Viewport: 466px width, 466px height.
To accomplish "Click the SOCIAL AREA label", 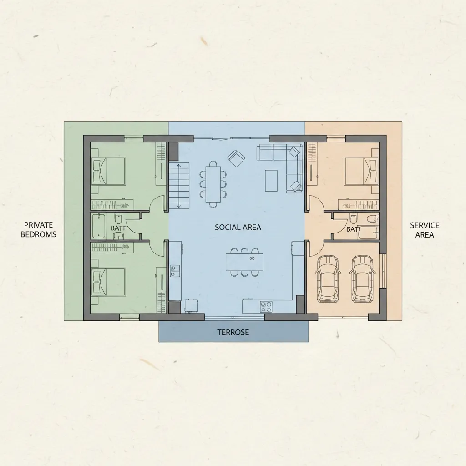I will click(x=238, y=227).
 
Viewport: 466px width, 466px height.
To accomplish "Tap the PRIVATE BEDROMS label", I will click(x=39, y=230).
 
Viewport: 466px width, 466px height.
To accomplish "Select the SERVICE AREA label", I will click(x=425, y=230).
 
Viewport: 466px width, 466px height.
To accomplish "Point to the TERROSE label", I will click(x=233, y=332).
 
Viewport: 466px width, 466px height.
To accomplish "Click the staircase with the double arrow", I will click(x=179, y=185).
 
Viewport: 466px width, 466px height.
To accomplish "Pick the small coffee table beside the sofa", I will click(x=271, y=180).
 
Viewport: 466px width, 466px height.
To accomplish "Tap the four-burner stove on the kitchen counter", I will click(x=266, y=306).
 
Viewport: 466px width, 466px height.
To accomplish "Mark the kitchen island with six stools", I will click(x=244, y=262).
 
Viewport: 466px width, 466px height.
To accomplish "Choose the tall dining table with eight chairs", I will click(x=213, y=184).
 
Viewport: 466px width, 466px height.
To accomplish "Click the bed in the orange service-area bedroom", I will click(x=360, y=171).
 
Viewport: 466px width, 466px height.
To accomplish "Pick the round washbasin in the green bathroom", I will click(x=118, y=235).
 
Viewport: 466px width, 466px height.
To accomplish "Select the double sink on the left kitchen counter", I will click(x=174, y=271).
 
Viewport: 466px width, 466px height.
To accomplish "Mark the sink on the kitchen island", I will click(x=252, y=258).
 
